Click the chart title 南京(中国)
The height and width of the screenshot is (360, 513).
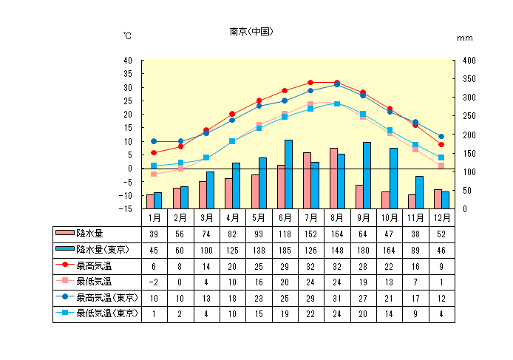(252, 32)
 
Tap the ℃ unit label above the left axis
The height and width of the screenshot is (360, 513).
(128, 36)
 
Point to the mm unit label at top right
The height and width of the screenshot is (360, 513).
(464, 37)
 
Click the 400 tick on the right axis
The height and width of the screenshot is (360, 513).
(465, 60)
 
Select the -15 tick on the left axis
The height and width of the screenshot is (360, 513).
(126, 209)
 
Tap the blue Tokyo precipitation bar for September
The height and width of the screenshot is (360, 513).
(367, 175)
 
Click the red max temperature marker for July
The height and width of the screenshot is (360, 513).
(310, 83)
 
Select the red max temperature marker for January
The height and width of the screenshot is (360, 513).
(154, 152)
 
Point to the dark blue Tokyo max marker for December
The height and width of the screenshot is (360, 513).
(441, 137)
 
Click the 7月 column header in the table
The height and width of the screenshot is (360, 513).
(311, 217)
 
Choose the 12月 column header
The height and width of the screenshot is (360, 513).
(441, 217)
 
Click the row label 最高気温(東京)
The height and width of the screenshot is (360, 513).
(107, 297)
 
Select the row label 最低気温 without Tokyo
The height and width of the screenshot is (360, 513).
(94, 281)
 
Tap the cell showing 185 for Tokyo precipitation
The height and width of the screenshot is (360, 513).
(285, 249)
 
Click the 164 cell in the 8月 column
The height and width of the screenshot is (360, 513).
(337, 234)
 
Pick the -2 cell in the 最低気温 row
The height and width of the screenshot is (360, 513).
(154, 282)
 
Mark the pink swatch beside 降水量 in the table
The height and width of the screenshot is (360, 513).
(66, 234)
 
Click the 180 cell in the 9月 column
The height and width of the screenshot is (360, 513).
(363, 249)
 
